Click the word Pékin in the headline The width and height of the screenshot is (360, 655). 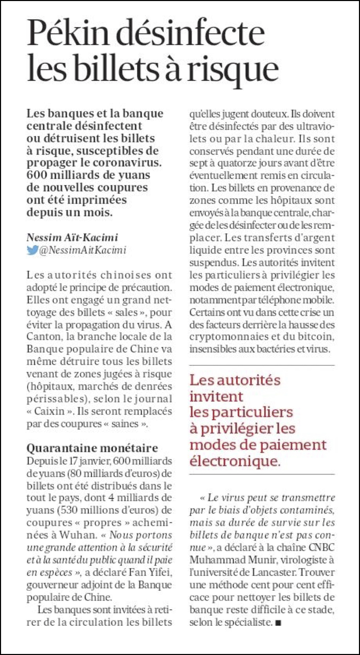[x=68, y=33]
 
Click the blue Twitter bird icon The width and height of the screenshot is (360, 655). [x=32, y=250]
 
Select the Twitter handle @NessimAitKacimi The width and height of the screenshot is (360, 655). [x=83, y=250]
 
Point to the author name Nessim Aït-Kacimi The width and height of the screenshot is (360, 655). [x=72, y=237]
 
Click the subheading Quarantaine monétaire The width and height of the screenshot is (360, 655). [x=92, y=448]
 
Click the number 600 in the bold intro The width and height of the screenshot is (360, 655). [x=37, y=175]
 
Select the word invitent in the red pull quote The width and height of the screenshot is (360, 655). [x=216, y=396]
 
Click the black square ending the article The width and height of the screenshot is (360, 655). [x=278, y=623]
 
